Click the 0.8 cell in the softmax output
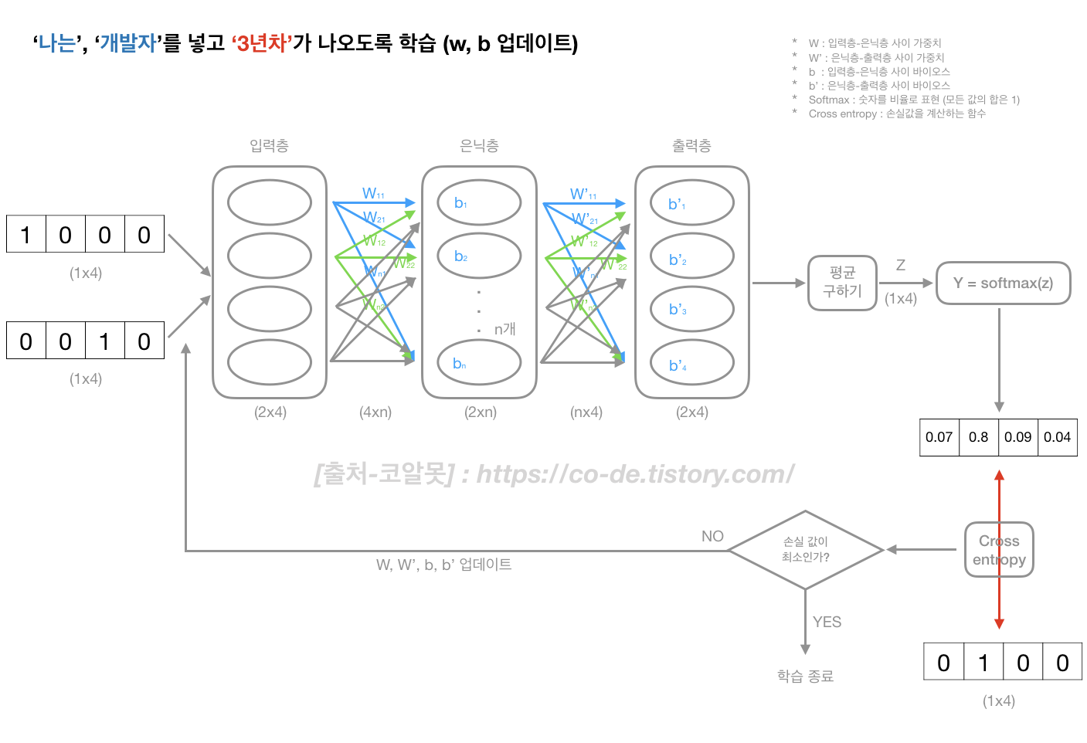978,437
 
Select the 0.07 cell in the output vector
939,437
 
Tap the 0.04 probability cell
1057,437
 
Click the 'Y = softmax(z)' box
1003,283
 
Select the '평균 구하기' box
842,283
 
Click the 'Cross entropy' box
999,550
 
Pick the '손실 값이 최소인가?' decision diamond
805,550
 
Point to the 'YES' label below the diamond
827,622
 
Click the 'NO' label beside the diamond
712,536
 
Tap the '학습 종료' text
805,677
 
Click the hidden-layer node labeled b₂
479,256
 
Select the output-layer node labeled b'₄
691,365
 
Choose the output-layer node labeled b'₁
691,204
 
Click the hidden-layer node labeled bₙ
479,363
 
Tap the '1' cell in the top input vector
26,235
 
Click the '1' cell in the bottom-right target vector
983,663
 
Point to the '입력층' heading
269,146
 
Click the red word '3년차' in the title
262,43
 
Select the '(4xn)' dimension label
375,412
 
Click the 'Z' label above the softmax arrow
901,266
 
